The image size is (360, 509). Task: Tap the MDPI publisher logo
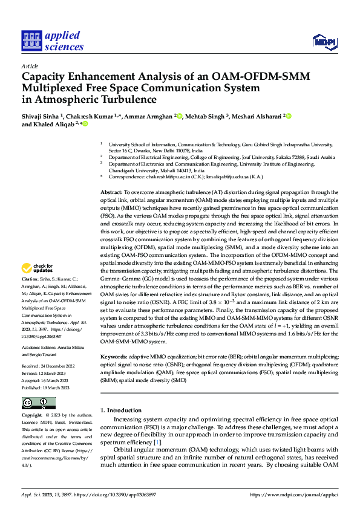click(x=323, y=41)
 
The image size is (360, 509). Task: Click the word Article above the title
click(x=30, y=66)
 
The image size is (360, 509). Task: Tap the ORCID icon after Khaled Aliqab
click(x=86, y=124)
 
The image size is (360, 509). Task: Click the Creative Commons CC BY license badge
click(x=38, y=403)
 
